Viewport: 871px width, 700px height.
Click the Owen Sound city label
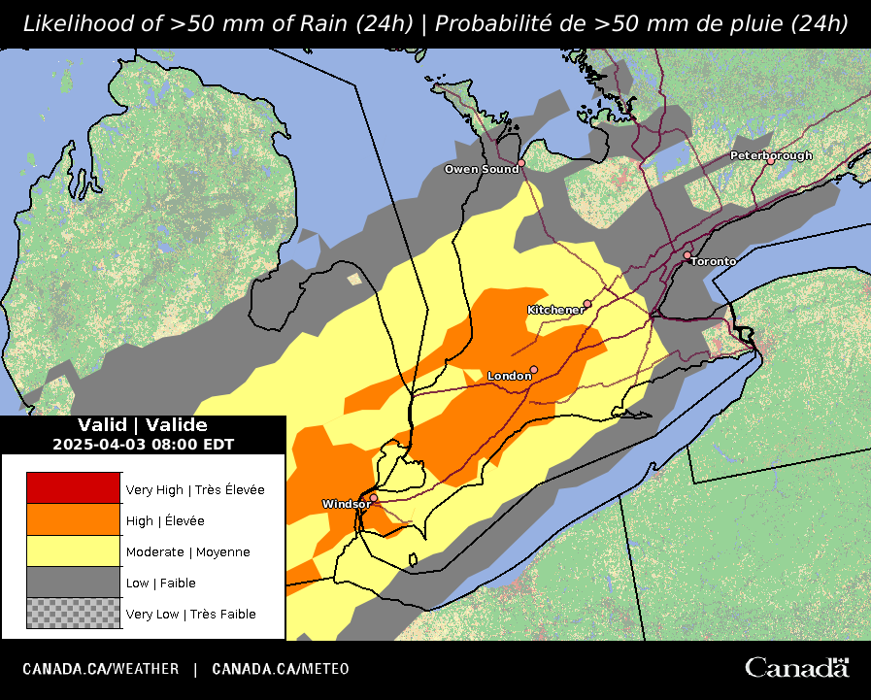coord(482,170)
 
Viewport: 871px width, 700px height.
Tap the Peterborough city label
coord(771,155)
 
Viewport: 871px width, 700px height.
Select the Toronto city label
coord(714,262)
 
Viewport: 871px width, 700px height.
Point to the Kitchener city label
coord(555,310)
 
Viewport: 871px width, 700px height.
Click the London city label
coord(508,376)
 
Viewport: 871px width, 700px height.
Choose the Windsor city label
coord(345,505)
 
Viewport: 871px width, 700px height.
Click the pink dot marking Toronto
coord(687,255)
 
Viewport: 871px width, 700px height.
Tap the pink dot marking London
coord(534,370)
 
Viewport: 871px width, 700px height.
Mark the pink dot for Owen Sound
coord(521,163)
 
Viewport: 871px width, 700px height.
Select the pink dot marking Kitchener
coord(587,304)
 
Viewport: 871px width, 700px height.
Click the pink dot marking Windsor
coord(374,497)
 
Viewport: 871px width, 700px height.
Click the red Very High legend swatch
coord(73,488)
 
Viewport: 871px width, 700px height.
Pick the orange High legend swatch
coord(73,519)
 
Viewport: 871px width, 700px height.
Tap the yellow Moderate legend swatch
coord(73,550)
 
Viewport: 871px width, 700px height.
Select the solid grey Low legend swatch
coord(73,582)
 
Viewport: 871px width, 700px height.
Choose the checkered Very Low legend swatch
coord(73,613)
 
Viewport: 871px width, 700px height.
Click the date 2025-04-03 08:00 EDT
coord(143,444)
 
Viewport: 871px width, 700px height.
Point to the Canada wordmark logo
coord(797,668)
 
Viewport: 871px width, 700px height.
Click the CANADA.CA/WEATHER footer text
coord(101,669)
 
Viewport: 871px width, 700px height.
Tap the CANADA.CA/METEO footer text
coord(281,669)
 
